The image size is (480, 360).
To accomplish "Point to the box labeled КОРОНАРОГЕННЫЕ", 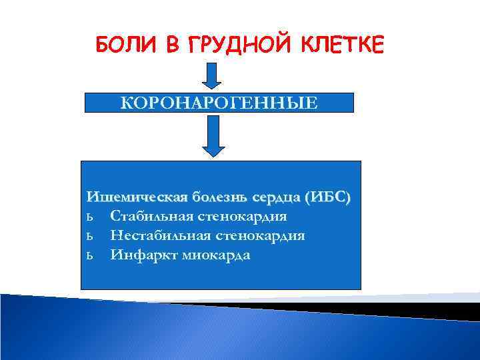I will (x=219, y=103).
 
